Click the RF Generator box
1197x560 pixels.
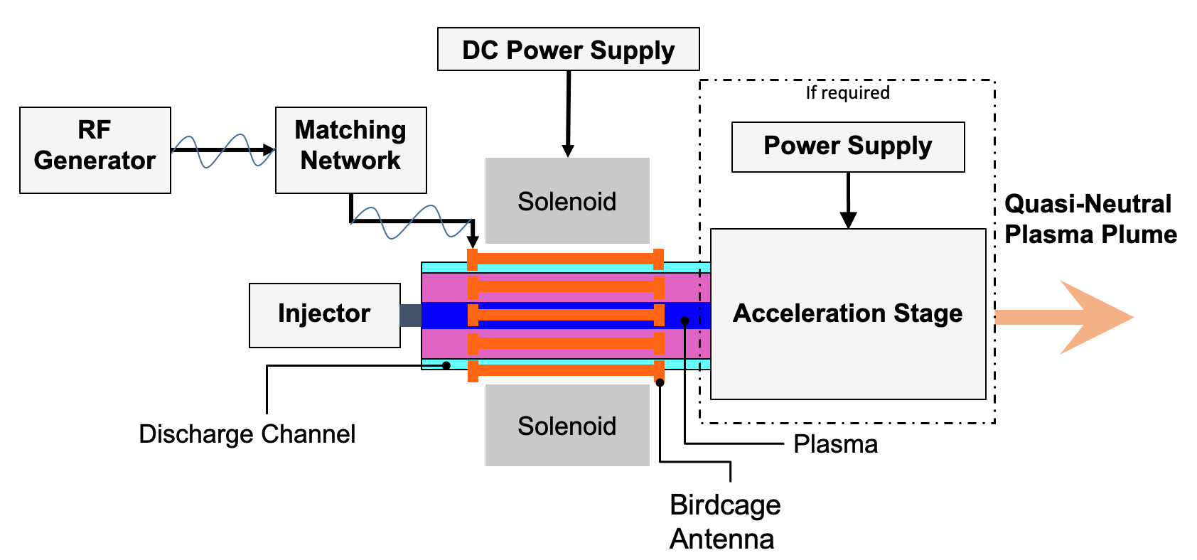(95, 150)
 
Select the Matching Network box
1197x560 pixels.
(350, 150)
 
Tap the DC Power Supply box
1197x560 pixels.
(568, 49)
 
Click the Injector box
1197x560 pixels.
(324, 315)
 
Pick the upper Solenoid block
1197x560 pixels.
(567, 200)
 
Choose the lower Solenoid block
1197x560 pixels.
(567, 425)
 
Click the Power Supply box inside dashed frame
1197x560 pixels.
(848, 146)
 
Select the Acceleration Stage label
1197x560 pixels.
(847, 313)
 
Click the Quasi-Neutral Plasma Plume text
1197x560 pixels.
(1090, 219)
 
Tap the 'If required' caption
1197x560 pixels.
(847, 92)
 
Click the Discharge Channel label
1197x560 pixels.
(247, 434)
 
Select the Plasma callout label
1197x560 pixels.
(835, 444)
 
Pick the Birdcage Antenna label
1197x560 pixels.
(724, 522)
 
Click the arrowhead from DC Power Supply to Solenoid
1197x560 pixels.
(568, 151)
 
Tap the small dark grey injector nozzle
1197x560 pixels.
(411, 315)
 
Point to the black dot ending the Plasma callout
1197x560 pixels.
(685, 321)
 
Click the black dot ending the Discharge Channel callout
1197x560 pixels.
(446, 365)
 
